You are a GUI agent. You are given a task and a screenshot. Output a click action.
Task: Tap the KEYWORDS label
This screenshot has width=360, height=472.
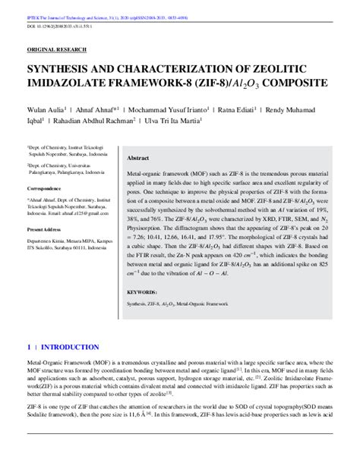(x=142, y=292)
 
